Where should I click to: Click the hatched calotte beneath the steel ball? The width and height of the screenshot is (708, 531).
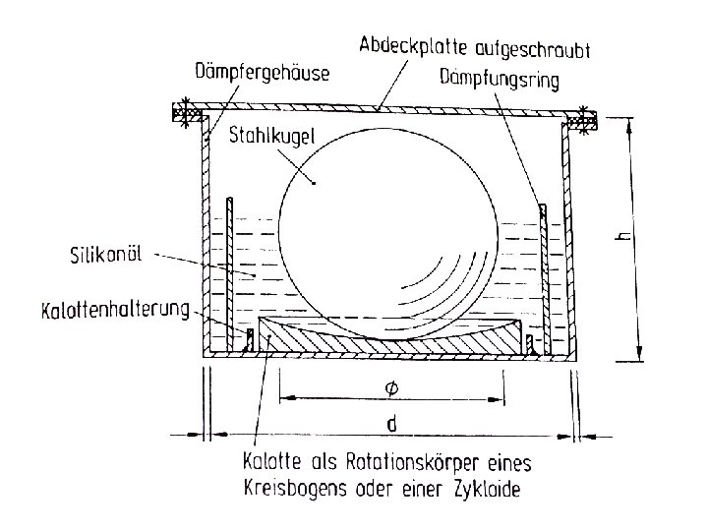point(383,339)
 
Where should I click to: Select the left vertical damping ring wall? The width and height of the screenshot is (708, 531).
point(229,265)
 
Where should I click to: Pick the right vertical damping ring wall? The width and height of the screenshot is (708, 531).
point(541,265)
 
